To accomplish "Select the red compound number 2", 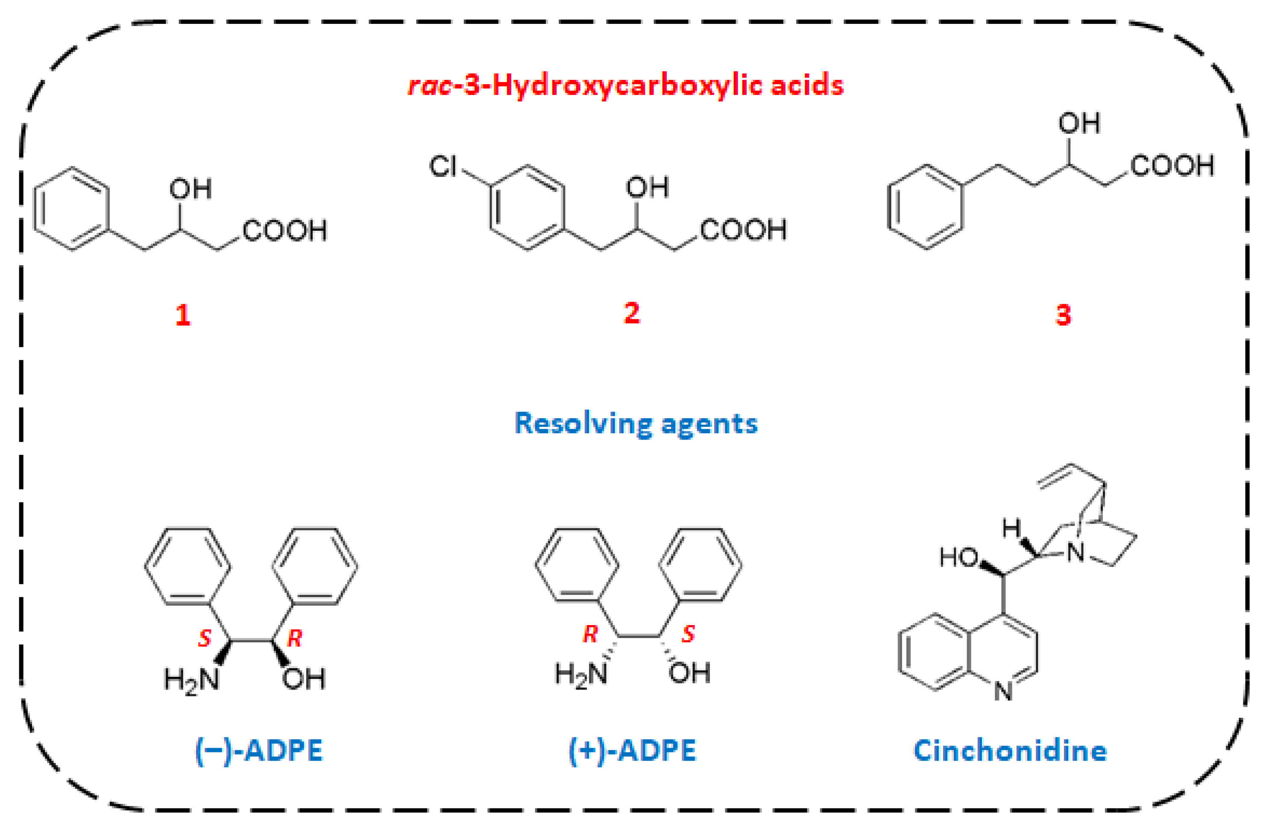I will (631, 313).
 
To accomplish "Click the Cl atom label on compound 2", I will (443, 166).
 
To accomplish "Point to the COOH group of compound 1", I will (285, 231).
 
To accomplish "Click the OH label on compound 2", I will (647, 187).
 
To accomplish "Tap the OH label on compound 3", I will (1079, 123).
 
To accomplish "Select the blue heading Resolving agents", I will (636, 423).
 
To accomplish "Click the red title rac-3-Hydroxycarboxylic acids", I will (626, 85).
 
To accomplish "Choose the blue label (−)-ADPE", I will (259, 750).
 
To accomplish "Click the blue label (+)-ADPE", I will (632, 750).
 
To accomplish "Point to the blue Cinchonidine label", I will (1010, 750).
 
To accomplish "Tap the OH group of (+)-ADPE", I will (689, 673).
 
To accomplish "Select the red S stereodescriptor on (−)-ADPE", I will (205, 638).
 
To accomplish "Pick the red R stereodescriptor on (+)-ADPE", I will (590, 634).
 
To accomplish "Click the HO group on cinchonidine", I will (959, 558).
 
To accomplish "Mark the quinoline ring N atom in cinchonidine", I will (1003, 691).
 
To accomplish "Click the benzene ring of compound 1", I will (72, 208).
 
